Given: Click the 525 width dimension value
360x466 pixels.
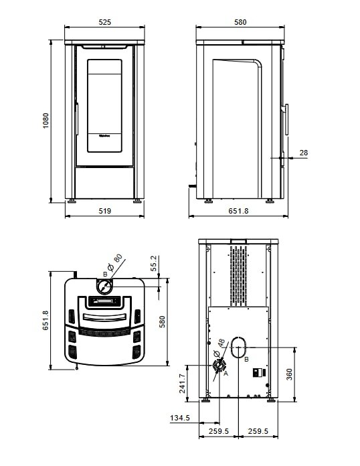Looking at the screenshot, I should [x=104, y=22].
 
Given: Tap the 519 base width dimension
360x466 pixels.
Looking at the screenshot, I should [x=104, y=210].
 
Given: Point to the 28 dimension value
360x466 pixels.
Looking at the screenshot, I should [x=303, y=153].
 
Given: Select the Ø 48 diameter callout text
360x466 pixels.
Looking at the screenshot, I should [x=219, y=350].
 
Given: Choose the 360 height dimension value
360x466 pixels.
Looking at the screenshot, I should [x=289, y=374].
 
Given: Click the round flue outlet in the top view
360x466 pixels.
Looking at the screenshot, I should [x=104, y=287].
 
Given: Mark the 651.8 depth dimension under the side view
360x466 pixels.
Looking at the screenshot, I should [x=238, y=210].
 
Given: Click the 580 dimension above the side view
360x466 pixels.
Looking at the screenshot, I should [x=240, y=22].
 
